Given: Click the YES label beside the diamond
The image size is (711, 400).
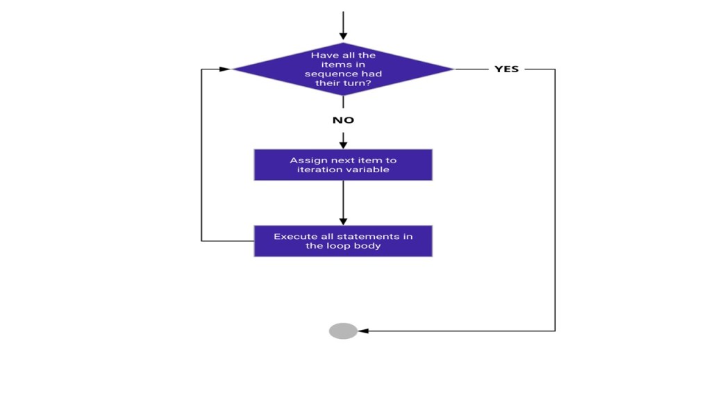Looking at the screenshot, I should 506,69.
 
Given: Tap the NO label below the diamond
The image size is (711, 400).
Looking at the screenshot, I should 343,120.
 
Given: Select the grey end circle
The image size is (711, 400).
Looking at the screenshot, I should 343,331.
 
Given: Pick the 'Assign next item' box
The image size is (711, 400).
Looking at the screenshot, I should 343,165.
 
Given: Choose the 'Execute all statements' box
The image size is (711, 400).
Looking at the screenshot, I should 343,241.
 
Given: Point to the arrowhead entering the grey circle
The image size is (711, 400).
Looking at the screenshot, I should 362,331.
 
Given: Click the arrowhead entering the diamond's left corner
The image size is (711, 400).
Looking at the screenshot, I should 225,69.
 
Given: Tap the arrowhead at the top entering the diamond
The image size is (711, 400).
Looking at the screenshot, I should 343,36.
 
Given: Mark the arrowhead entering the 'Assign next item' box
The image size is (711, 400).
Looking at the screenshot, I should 343,144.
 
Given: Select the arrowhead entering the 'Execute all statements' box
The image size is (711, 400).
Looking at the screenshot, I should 343,221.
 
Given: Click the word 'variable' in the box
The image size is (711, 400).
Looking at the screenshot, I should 369,169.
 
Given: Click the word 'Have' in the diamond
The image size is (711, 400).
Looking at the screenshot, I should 323,56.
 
